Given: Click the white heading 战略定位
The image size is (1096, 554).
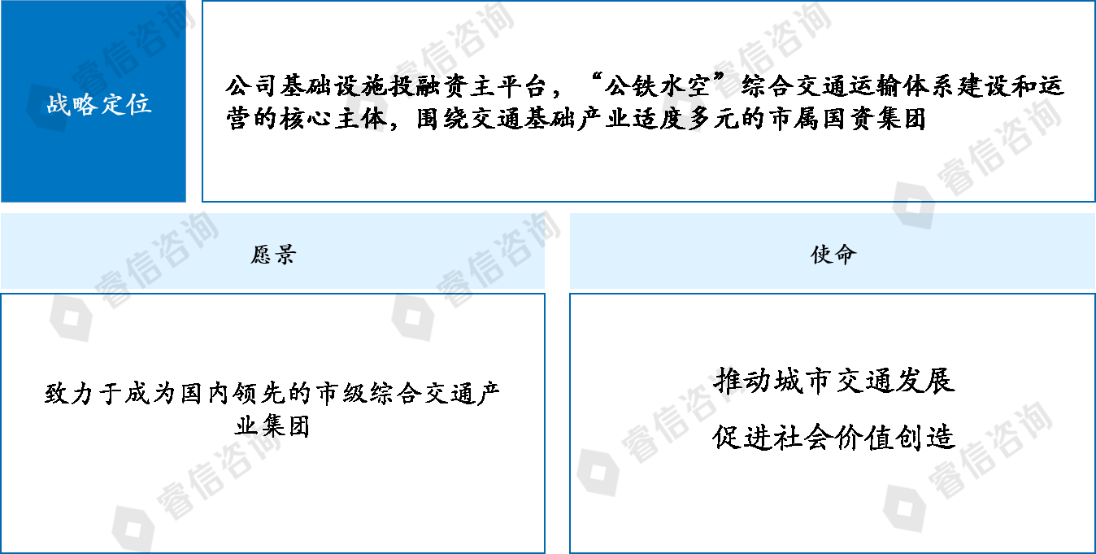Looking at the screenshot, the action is [99, 104].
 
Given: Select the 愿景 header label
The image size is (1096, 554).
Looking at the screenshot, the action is [273, 255].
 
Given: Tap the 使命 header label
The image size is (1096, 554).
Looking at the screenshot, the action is [833, 255].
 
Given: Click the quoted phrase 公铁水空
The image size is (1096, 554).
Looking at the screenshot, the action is [658, 86].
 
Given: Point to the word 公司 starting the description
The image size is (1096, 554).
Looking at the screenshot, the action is [251, 86].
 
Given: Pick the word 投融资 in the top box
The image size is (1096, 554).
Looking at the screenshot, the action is [428, 86].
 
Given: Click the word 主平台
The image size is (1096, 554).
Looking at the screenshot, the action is [510, 86].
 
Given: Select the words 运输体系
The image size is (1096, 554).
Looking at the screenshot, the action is [902, 86].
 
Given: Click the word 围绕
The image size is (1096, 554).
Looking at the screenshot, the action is [443, 119].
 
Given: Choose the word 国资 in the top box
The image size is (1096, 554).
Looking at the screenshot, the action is [847, 119].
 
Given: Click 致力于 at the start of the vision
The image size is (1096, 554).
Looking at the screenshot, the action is [84, 394].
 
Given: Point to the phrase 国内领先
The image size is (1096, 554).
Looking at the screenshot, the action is [233, 394].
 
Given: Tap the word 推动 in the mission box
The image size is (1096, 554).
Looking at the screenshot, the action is [743, 381].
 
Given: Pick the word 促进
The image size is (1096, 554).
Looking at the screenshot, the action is [743, 437].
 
